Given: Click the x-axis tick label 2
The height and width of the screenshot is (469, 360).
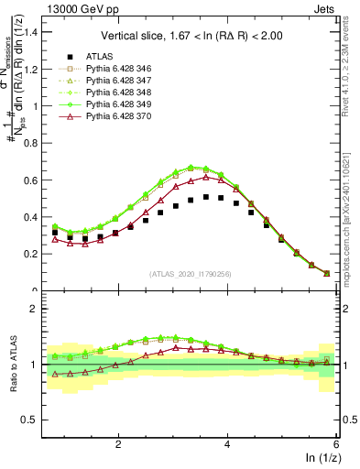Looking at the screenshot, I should pos(118,444).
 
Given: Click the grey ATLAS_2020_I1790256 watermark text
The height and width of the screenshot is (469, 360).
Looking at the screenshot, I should pos(190,274).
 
